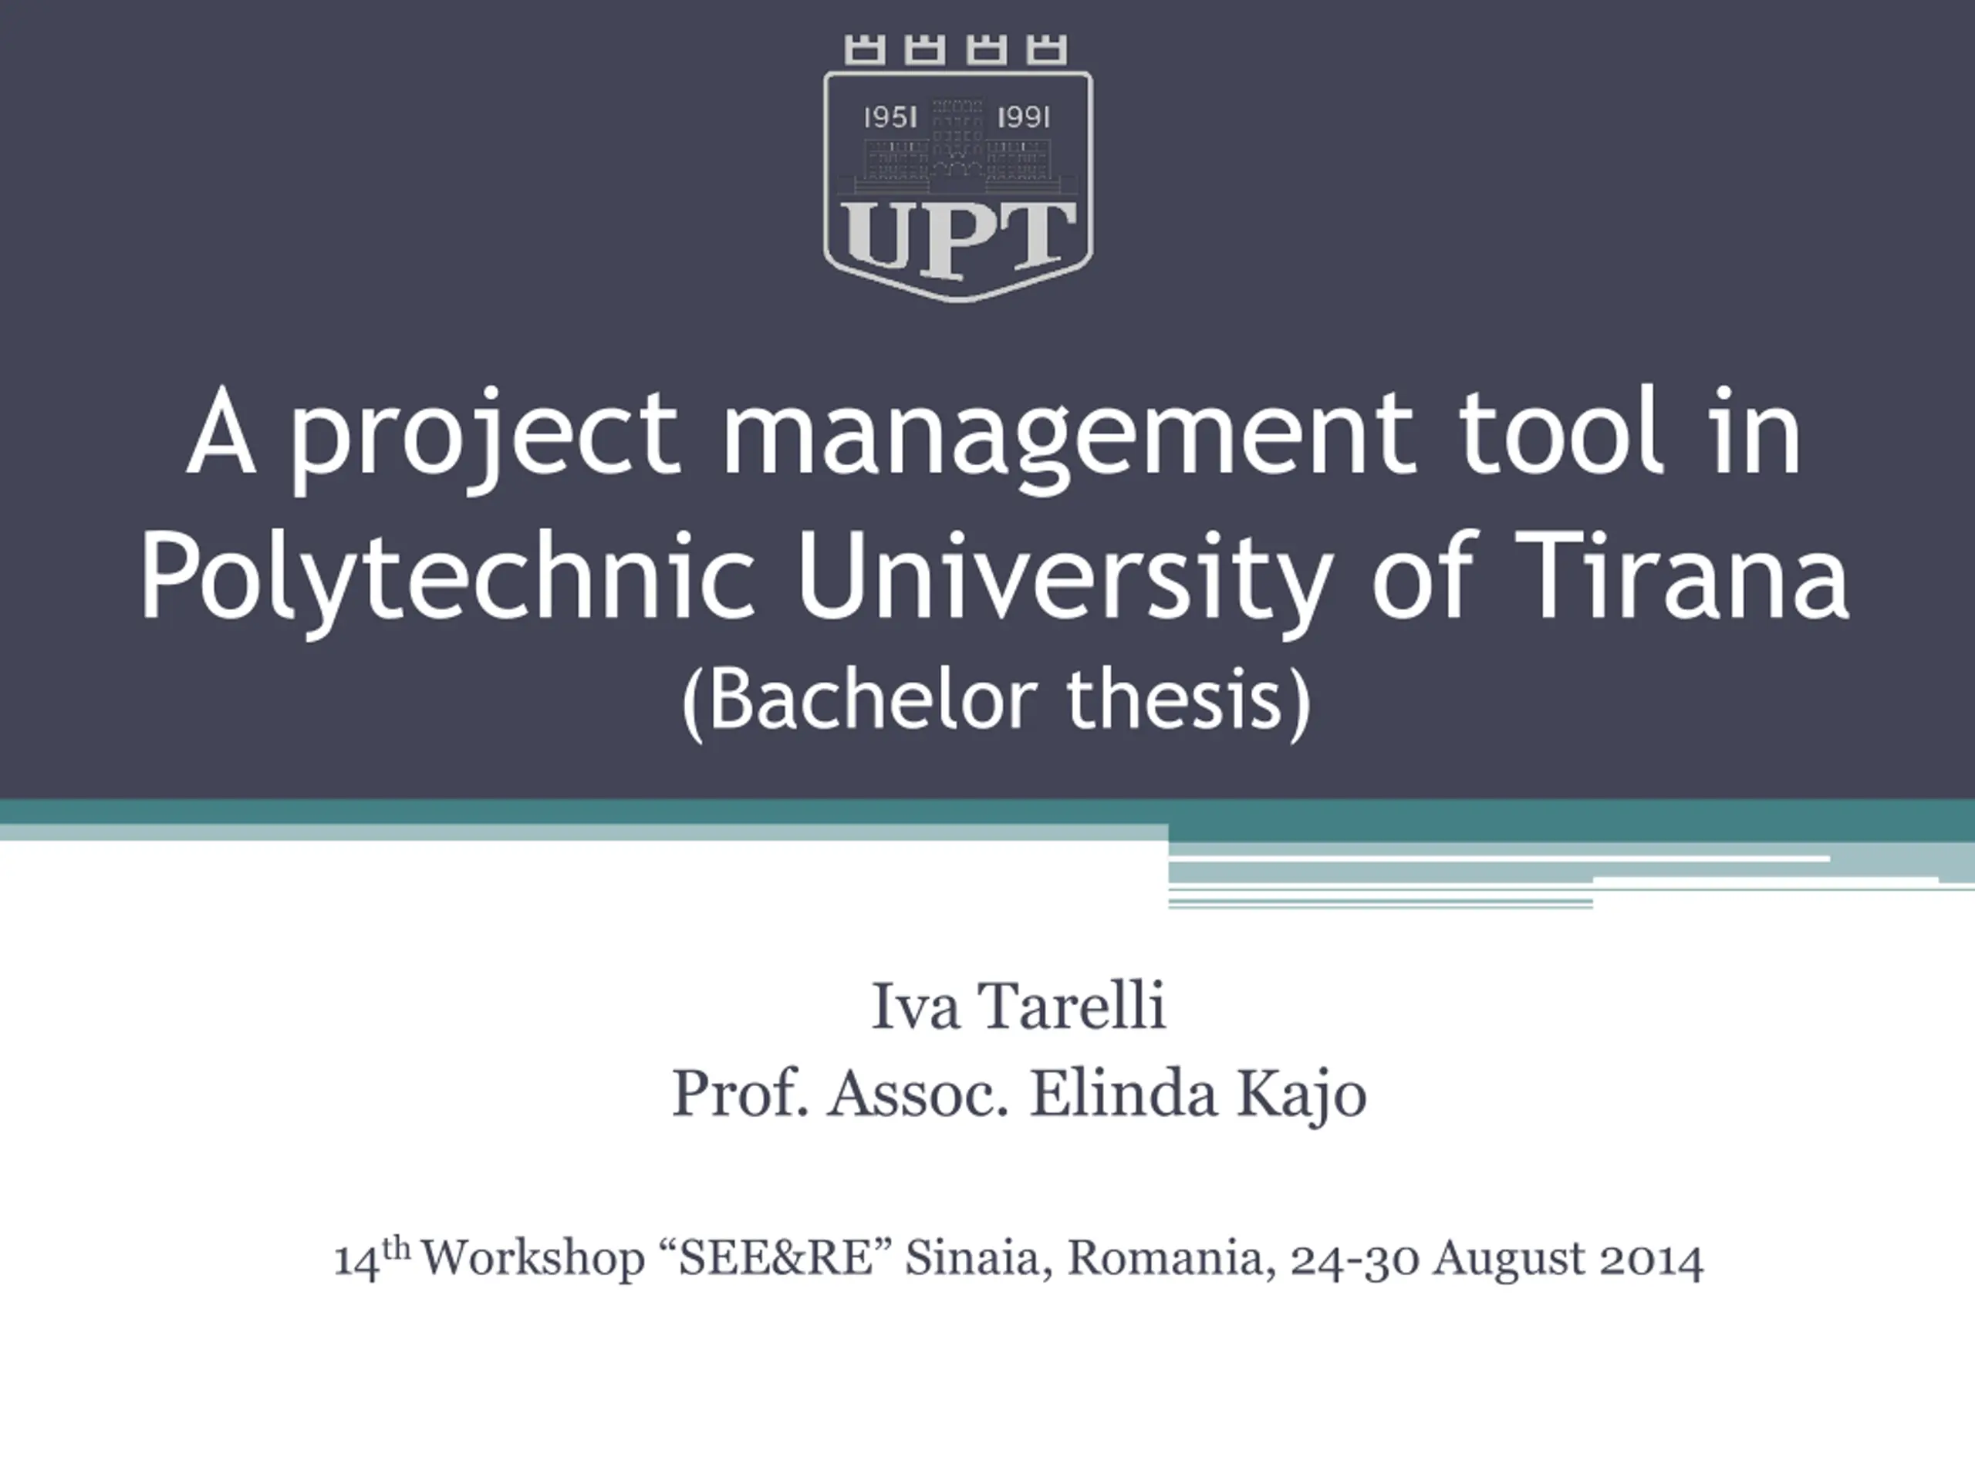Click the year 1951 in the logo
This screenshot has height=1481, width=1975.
coord(890,117)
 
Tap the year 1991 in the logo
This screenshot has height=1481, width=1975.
coord(1023,117)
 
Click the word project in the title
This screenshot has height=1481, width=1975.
coord(486,437)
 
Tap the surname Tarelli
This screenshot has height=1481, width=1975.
coord(1072,1006)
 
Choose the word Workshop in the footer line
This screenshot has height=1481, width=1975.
coord(532,1259)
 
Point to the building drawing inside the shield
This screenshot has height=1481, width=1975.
coord(957,147)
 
